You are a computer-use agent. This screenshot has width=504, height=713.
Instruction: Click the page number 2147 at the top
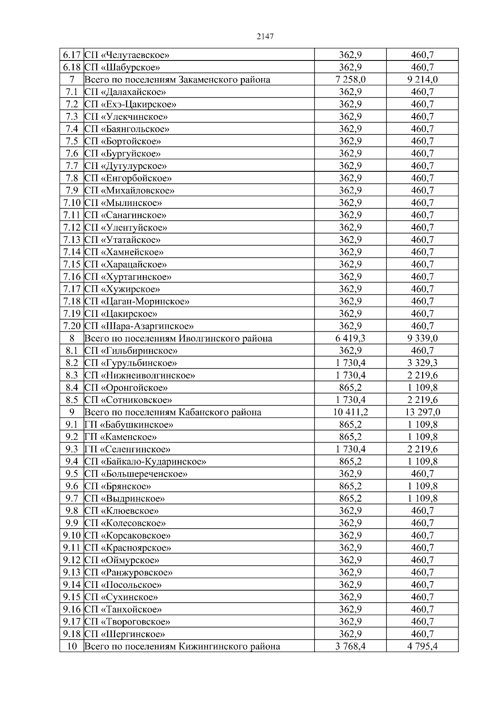[265, 37]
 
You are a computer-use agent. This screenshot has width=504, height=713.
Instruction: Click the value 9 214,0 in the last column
[422, 80]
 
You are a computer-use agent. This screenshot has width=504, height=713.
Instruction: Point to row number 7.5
[72, 142]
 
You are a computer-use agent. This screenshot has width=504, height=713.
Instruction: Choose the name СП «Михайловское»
[129, 191]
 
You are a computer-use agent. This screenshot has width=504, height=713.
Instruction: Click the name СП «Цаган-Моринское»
[137, 301]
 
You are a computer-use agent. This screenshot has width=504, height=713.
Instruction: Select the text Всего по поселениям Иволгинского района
[178, 338]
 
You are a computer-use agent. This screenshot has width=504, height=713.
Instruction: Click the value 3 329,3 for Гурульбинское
[422, 363]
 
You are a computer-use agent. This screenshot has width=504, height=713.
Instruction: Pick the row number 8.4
[72, 388]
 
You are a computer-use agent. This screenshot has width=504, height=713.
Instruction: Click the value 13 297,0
[422, 412]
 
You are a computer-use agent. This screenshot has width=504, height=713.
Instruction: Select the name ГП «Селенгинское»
[127, 449]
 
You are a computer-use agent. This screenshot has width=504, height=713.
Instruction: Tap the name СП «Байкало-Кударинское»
[145, 462]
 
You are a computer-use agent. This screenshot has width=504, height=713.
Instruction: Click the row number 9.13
[72, 573]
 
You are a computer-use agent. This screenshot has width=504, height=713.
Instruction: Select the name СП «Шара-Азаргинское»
[139, 326]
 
